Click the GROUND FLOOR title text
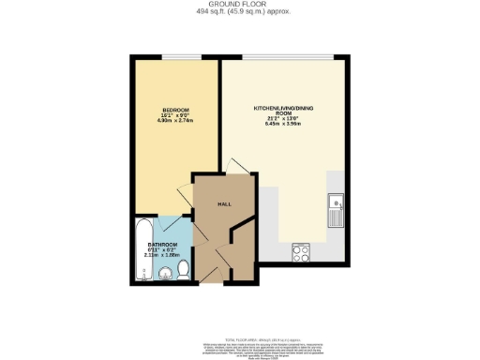point(239,5)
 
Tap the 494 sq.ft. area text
point(239,12)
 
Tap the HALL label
point(224,203)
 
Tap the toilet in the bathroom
point(184,270)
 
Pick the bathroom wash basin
point(165,274)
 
